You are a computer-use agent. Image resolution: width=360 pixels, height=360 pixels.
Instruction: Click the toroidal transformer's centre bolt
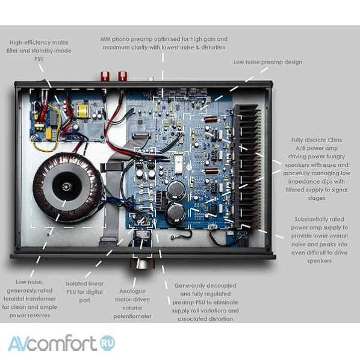tap(66, 187)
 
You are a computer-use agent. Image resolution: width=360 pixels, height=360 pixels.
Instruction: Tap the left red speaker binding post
tap(105, 76)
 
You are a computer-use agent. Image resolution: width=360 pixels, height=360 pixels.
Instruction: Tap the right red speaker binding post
tap(122, 76)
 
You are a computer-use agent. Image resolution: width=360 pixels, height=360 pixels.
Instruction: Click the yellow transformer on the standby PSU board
tap(82, 111)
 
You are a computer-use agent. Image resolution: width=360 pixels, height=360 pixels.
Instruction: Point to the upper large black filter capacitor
tap(176, 191)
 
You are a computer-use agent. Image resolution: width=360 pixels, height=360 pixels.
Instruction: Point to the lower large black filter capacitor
tap(176, 214)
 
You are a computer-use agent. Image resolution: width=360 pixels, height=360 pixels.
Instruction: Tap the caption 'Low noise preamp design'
tap(268, 62)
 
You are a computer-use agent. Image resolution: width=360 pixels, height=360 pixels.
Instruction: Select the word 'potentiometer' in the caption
tap(132, 316)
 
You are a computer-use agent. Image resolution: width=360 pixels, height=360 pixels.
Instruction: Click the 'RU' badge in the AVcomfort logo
tap(108, 343)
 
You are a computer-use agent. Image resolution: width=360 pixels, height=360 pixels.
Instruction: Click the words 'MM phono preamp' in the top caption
tap(126, 40)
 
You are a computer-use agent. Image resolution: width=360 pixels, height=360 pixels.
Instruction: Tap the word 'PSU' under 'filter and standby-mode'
tap(39, 59)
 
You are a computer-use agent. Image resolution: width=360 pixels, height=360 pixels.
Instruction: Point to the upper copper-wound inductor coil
tap(211, 119)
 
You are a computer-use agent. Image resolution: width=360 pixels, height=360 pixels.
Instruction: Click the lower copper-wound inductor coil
tap(211, 171)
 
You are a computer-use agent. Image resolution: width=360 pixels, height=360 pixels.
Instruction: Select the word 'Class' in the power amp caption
tap(335, 140)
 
